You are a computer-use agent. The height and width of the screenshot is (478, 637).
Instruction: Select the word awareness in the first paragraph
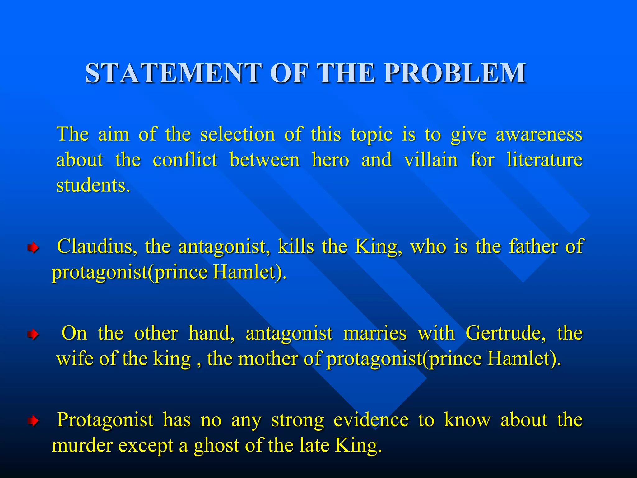(x=539, y=134)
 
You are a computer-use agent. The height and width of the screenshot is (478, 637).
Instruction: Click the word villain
(x=431, y=160)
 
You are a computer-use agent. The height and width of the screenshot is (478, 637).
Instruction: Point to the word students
(x=93, y=185)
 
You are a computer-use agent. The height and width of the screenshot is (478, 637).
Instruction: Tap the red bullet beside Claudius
(x=33, y=248)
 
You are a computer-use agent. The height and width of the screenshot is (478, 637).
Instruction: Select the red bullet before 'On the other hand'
(x=33, y=335)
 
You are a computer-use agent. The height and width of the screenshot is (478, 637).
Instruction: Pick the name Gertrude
(x=506, y=333)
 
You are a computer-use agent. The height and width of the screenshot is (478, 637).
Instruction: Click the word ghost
(x=218, y=446)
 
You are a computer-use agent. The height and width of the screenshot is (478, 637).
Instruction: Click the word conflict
(x=185, y=160)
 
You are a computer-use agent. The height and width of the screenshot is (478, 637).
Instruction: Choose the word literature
(x=544, y=160)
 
